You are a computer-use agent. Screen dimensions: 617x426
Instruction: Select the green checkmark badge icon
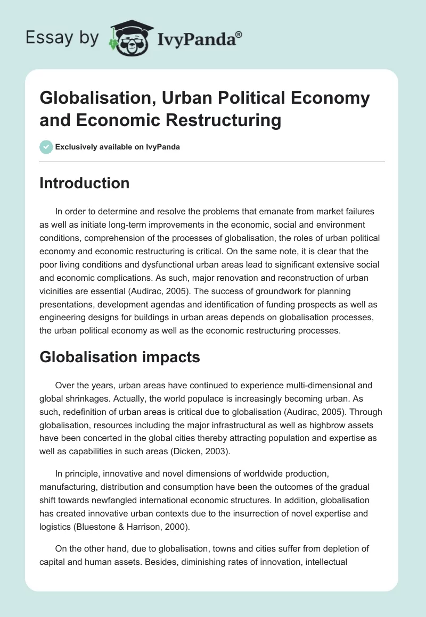(46, 147)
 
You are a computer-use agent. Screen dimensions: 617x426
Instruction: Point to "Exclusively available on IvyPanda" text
(118, 147)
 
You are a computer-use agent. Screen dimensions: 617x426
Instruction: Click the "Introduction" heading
(85, 183)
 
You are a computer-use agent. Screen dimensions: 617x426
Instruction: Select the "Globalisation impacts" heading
(120, 357)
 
